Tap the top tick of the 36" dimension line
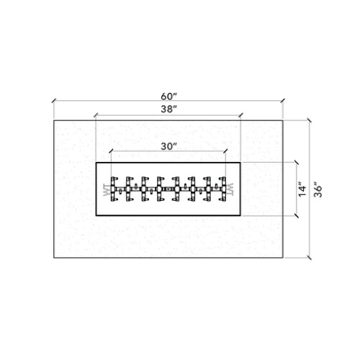[310, 120]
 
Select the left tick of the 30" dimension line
[112, 152]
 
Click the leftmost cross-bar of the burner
[113, 189]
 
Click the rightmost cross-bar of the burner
[224, 189]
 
